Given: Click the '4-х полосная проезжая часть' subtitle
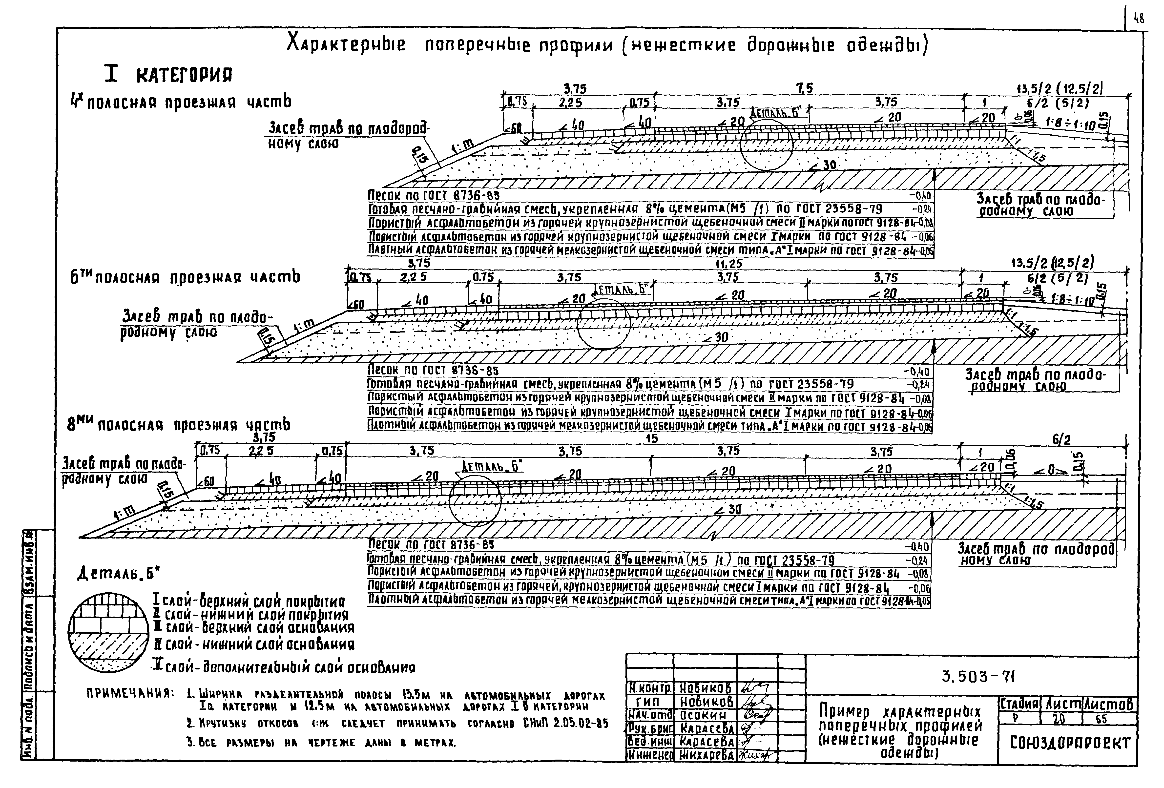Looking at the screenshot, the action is [x=180, y=103].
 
